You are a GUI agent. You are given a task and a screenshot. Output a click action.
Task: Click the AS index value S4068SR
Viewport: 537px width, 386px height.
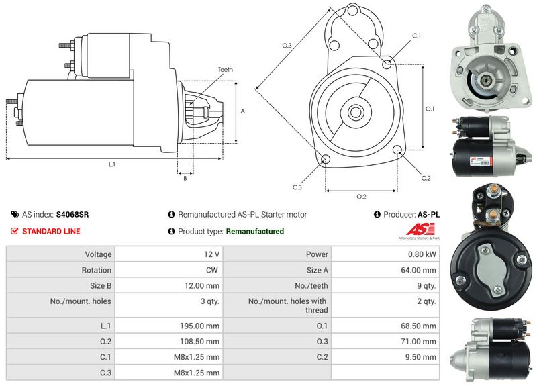pos(72,215)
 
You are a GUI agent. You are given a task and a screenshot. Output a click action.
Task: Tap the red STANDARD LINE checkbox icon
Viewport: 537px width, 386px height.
pos(14,231)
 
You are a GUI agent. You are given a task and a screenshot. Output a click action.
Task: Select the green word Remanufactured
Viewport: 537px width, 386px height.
pos(255,231)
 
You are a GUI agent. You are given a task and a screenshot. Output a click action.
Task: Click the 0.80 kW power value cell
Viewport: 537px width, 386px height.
pos(385,254)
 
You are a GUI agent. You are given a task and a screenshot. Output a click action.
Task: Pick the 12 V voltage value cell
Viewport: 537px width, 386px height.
pos(168,254)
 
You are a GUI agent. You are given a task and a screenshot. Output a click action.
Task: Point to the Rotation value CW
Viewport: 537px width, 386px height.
pos(212,270)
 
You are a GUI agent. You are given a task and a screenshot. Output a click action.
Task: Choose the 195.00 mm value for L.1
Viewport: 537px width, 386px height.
pos(199,326)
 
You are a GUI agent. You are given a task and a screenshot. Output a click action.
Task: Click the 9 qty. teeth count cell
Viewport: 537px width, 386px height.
pos(385,285)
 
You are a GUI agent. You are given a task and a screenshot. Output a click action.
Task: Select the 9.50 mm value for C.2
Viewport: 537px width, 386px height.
pos(421,357)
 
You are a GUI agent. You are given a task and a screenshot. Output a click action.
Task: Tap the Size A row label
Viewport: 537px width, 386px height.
pos(317,270)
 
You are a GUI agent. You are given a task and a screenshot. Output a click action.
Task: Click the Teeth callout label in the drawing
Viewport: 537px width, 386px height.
pos(226,70)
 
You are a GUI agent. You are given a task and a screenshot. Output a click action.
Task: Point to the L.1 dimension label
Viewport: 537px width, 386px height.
pos(112,164)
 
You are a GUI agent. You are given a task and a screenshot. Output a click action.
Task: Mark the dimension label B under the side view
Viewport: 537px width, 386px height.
pos(185,178)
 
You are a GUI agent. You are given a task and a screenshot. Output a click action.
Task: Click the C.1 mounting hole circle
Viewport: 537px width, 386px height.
pos(387,64)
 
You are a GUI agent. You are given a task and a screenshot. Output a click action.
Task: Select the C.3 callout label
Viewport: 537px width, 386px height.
pos(297,187)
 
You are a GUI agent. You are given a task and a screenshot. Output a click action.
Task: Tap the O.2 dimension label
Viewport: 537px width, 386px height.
pos(361,196)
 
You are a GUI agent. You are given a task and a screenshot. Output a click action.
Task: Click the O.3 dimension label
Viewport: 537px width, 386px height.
pos(287,45)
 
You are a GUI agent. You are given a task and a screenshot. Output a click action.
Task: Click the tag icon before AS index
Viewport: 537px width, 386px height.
pos(15,215)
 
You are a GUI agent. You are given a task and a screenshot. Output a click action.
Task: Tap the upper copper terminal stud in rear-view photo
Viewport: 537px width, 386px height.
pos(493,189)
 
